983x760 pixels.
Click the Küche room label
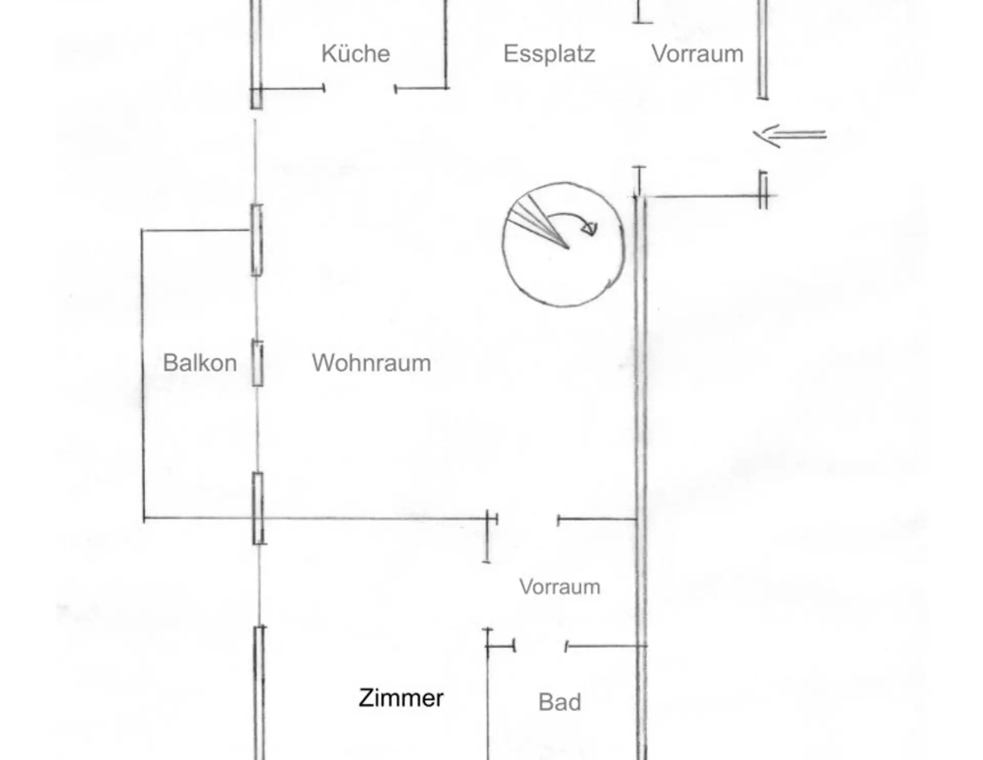click(355, 54)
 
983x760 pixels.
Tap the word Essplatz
click(549, 54)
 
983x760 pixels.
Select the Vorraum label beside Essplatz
click(697, 54)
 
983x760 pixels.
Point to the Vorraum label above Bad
click(560, 587)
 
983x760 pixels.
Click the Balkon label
click(200, 363)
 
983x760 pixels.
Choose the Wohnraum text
click(371, 363)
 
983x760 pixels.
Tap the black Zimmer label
click(401, 698)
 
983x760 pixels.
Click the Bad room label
click(560, 702)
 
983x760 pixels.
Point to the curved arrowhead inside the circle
click(590, 228)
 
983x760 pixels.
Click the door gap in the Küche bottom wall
click(359, 89)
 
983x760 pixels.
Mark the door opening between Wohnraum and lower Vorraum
click(527, 520)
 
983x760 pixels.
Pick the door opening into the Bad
click(540, 646)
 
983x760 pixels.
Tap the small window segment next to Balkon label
click(258, 363)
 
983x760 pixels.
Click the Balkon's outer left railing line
click(143, 373)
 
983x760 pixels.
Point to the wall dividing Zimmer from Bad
click(488, 706)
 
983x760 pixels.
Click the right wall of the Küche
click(446, 46)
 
